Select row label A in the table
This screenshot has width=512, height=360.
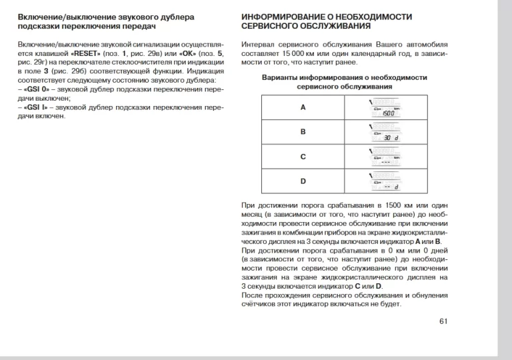tap(303, 107)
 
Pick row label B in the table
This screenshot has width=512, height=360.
tap(303, 132)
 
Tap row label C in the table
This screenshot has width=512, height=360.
tap(303, 157)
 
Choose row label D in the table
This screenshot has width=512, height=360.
tap(303, 181)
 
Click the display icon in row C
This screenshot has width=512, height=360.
tap(386, 157)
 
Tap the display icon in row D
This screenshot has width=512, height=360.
tap(386, 181)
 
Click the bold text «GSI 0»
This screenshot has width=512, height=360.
tap(36, 89)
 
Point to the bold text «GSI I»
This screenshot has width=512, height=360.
tap(35, 107)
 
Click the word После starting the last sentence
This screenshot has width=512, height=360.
tap(253, 295)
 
